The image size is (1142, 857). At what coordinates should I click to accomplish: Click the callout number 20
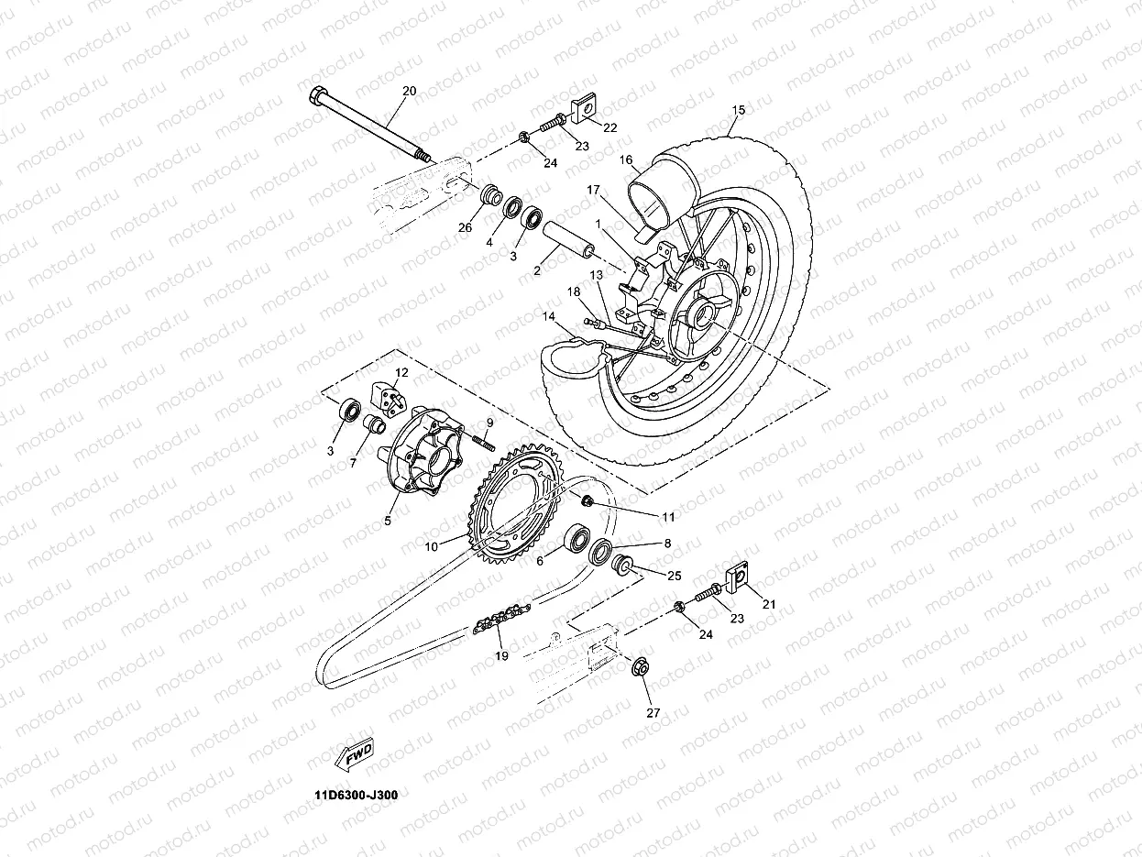tap(409, 90)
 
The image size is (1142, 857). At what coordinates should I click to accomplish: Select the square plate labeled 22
tap(580, 110)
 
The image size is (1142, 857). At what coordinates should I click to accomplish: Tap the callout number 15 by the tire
tap(739, 110)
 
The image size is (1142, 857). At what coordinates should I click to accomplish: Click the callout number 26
tap(466, 227)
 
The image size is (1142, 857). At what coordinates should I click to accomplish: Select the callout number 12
tap(401, 372)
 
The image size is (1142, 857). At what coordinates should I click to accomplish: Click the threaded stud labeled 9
tap(483, 445)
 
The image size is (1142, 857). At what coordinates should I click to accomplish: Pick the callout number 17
tap(592, 190)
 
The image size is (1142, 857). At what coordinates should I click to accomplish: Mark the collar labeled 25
tap(624, 562)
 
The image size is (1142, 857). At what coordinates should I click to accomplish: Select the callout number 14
tap(548, 317)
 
